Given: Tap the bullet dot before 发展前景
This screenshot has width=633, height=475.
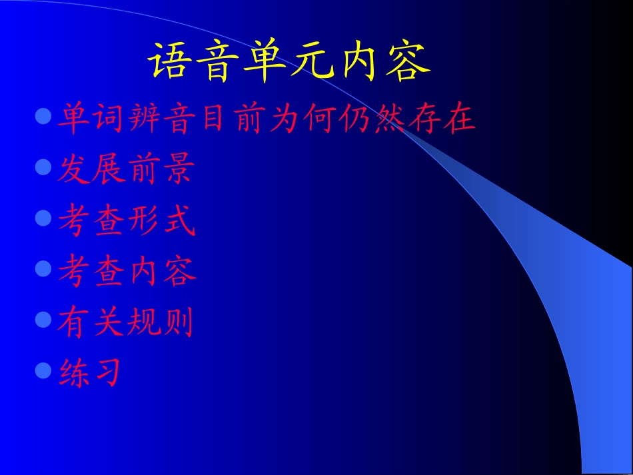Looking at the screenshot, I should point(43,167).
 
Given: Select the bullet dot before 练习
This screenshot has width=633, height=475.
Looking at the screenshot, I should point(43,370).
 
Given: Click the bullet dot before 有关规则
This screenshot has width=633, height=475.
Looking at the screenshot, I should point(43,319).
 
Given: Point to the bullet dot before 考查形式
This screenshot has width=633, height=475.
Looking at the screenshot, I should point(43,218).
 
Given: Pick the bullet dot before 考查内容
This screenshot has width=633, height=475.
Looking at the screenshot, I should point(43,268).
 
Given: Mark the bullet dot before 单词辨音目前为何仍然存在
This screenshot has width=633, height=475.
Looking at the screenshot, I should point(43,117).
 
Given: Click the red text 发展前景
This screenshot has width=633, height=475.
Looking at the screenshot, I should point(125,169).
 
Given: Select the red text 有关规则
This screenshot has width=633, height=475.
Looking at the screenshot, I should point(125,322).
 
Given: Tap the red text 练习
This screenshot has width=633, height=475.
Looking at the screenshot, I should point(90,372).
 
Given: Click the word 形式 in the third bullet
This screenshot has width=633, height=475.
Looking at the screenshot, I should point(161,221).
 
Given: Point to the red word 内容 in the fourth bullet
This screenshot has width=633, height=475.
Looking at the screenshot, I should point(161,271).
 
